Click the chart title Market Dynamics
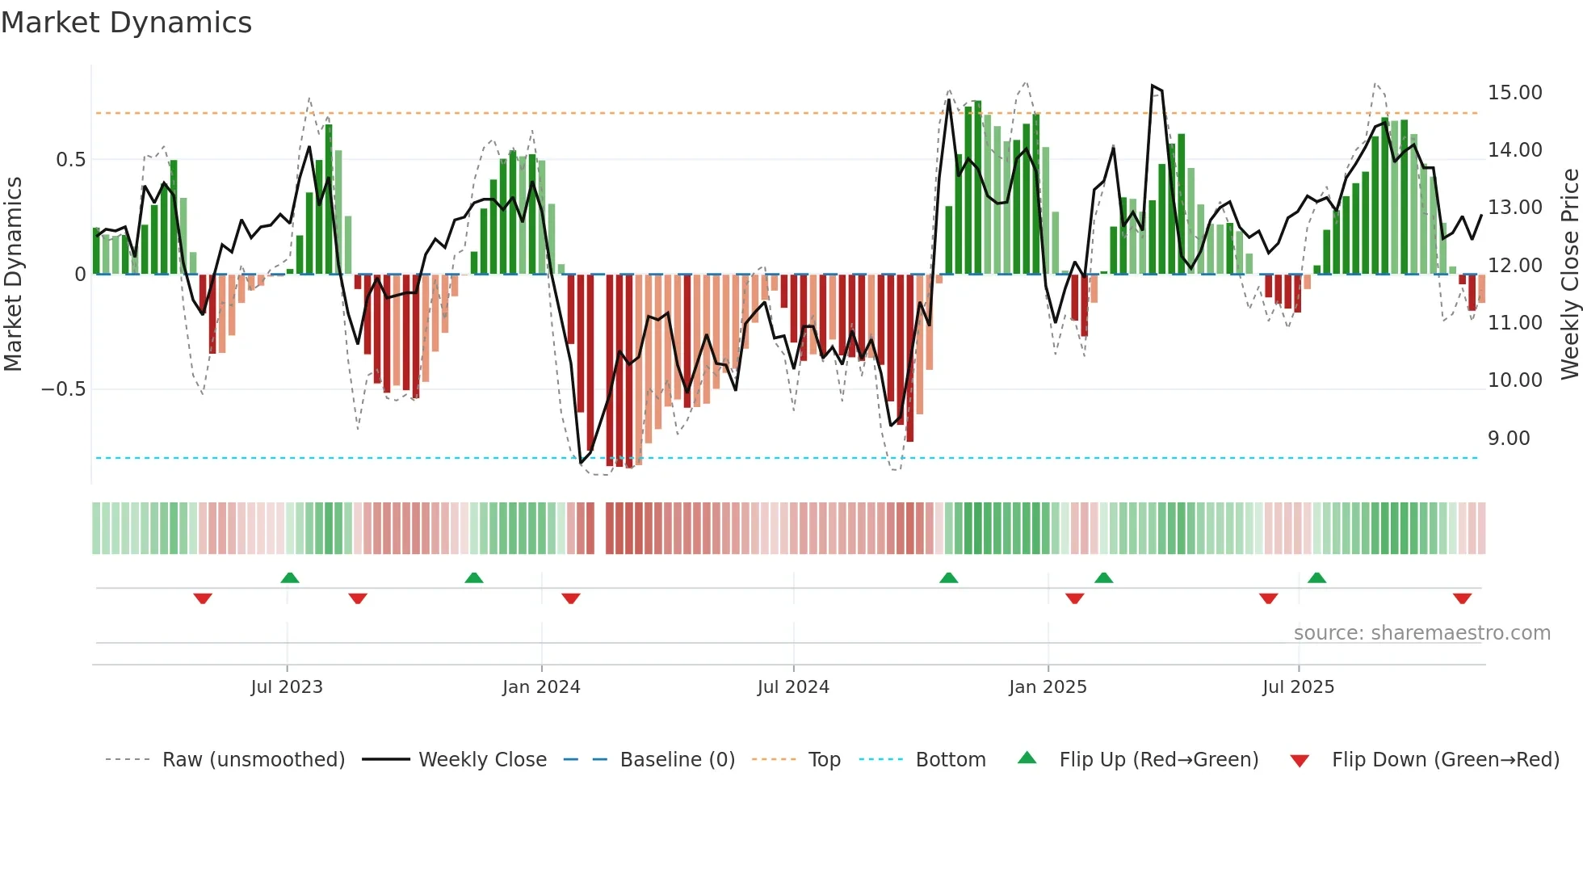[x=126, y=23]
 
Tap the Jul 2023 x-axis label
[x=287, y=687]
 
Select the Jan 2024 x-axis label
[x=541, y=687]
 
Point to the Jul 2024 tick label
[x=793, y=687]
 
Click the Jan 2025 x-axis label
[x=1048, y=687]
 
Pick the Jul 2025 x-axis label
[x=1298, y=687]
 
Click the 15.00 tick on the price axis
[x=1514, y=93]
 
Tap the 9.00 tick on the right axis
[x=1509, y=439]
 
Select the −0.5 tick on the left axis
[x=63, y=389]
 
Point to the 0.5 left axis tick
[x=70, y=160]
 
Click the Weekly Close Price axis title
[x=1569, y=274]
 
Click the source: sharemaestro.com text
[x=1421, y=633]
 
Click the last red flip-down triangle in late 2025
[x=1462, y=598]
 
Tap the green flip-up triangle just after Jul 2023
[x=290, y=577]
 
